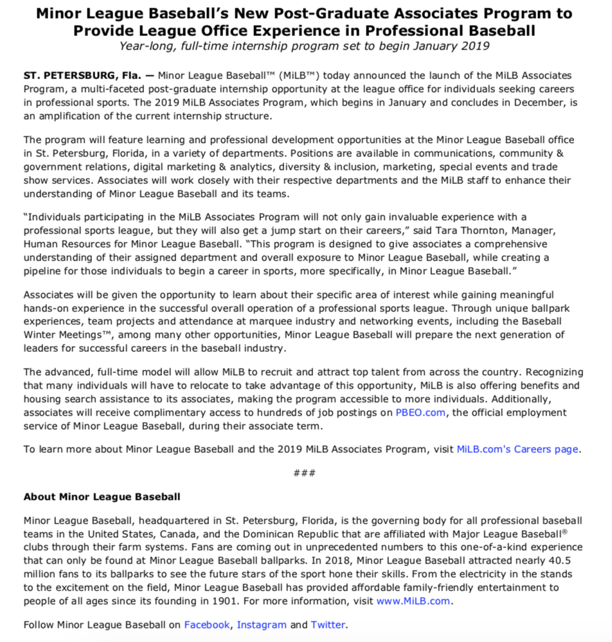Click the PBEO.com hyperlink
pos(420,412)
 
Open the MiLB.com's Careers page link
pos(518,449)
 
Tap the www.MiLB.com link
pos(413,601)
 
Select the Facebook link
pos(207,624)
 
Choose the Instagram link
pos(262,624)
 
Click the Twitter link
pos(328,624)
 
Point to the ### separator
pos(303,473)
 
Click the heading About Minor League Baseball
pos(102,497)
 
